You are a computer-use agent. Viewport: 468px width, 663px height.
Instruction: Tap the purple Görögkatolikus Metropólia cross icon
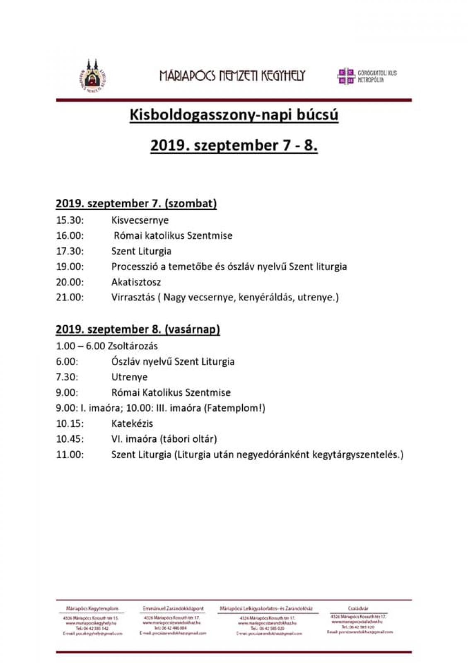click(x=346, y=76)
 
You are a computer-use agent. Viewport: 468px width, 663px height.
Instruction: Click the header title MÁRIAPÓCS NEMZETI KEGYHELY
click(x=232, y=76)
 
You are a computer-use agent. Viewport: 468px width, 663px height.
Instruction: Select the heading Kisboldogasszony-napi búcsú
click(x=234, y=115)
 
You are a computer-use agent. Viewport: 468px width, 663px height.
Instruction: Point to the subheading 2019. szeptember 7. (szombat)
click(x=136, y=203)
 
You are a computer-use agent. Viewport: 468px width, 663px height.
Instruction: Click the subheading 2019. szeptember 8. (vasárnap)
click(x=138, y=329)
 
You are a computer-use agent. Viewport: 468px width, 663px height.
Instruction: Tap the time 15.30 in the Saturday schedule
click(x=70, y=220)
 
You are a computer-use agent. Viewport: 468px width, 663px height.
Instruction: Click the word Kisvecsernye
click(x=140, y=220)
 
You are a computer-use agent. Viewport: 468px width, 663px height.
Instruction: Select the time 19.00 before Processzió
click(x=70, y=266)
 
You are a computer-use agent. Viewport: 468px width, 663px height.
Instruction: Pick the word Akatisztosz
click(x=136, y=282)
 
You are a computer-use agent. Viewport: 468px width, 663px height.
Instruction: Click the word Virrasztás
click(x=133, y=298)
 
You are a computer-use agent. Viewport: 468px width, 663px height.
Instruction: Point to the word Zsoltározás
click(x=133, y=346)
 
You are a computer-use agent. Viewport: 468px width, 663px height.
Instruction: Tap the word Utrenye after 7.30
click(x=129, y=377)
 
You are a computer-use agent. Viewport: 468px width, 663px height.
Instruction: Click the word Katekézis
click(x=132, y=423)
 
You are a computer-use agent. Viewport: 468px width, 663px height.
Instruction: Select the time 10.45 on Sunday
click(x=70, y=439)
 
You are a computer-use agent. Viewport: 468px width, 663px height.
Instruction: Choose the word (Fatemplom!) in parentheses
click(x=234, y=408)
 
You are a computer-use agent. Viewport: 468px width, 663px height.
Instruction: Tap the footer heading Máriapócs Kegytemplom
click(x=92, y=609)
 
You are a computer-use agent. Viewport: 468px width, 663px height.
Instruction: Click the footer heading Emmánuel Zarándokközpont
click(x=173, y=609)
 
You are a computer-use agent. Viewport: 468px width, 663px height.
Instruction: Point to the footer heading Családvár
click(x=358, y=609)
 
